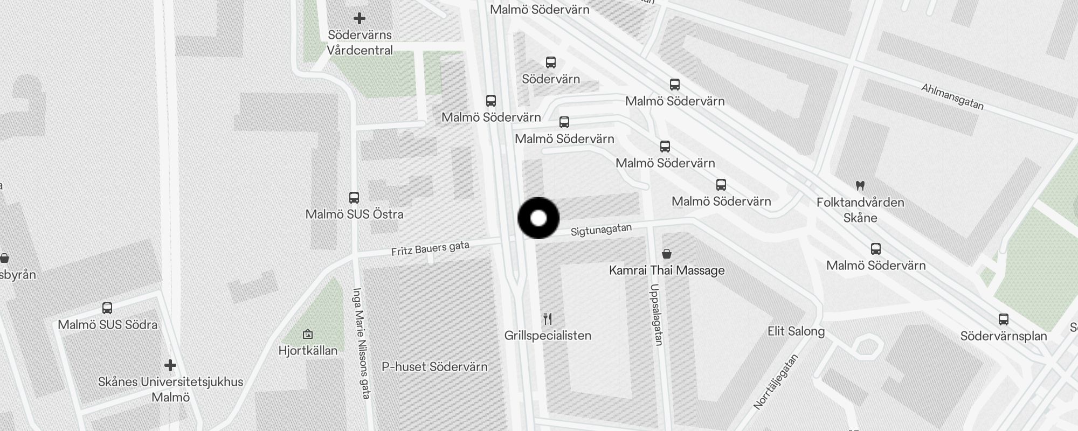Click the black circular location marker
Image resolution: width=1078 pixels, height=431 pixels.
538,218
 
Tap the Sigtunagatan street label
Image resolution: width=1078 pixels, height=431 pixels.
601,230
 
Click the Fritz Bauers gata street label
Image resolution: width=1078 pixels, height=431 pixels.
430,248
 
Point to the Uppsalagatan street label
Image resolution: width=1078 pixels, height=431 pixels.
656,315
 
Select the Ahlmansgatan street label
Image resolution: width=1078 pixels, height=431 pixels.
952,96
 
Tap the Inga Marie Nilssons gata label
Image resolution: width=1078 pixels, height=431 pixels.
361,343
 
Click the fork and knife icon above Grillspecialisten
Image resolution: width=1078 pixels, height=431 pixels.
548,319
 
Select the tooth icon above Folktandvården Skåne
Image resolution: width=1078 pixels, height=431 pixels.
860,186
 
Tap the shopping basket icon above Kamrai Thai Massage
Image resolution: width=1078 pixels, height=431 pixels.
667,254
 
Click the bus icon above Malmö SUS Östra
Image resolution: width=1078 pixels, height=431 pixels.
354,198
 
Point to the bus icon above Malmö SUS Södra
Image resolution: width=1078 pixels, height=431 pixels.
107,308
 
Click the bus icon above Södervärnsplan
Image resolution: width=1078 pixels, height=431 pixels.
1004,319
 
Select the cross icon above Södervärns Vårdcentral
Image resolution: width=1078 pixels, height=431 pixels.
360,18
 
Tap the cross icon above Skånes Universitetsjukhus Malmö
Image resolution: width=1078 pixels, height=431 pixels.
170,366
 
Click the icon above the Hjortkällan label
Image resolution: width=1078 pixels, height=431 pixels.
308,334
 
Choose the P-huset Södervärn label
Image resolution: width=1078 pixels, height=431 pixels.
434,367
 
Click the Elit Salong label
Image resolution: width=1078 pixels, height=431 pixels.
796,331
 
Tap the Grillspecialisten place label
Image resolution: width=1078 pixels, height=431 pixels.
548,336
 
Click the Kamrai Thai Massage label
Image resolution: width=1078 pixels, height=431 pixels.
667,270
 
